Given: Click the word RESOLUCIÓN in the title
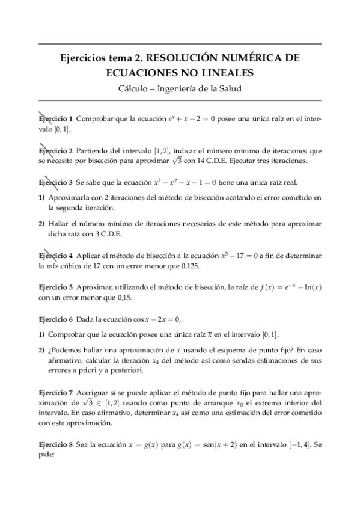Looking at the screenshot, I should (x=180, y=59).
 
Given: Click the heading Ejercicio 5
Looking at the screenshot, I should (x=55, y=287).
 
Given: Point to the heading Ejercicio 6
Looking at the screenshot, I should (x=55, y=319).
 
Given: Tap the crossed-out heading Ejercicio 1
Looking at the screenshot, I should (x=55, y=119).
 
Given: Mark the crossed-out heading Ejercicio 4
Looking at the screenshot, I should (x=55, y=255).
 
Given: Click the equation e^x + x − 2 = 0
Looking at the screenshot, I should (x=203, y=119).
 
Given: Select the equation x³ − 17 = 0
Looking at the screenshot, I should (x=239, y=255).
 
